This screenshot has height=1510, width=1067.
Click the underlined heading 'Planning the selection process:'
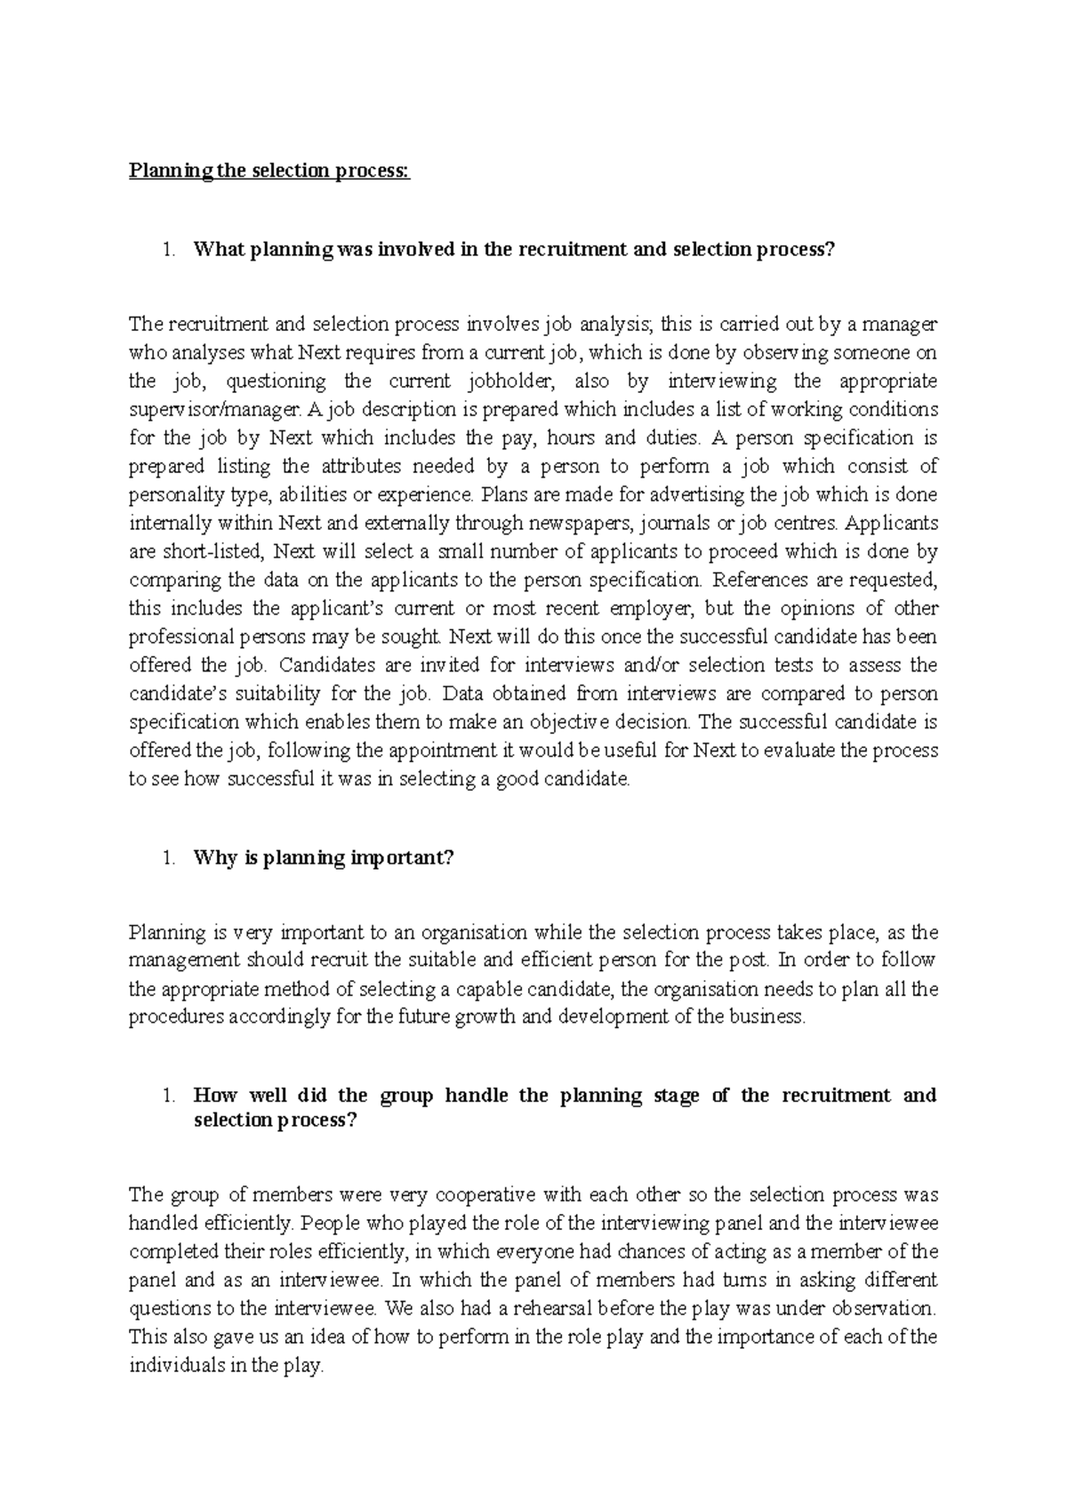click(270, 171)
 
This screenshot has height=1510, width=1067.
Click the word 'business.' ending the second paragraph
click(766, 1017)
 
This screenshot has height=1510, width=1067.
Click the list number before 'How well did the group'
click(169, 1096)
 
